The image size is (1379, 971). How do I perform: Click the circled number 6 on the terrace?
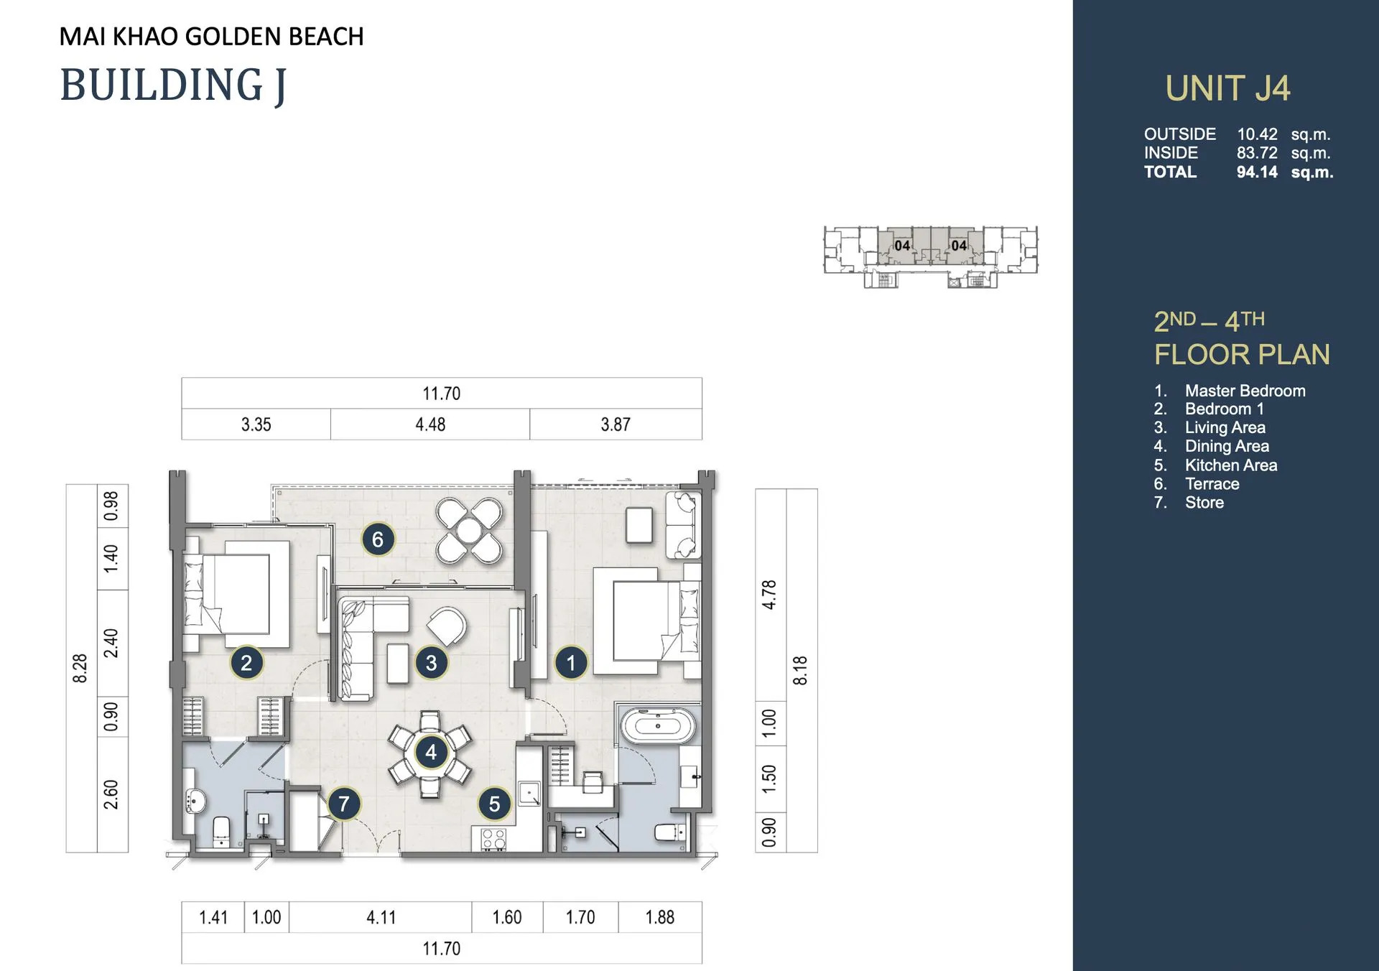click(x=378, y=539)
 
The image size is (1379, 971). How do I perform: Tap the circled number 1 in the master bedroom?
click(x=571, y=662)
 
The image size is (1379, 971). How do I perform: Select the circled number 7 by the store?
click(x=344, y=804)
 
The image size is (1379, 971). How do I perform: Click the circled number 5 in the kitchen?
click(x=494, y=804)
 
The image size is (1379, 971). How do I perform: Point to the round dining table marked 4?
click(x=431, y=752)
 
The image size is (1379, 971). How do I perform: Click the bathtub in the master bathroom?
click(x=658, y=726)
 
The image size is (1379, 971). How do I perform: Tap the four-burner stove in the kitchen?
click(x=494, y=839)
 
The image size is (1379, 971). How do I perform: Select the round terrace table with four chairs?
click(x=469, y=531)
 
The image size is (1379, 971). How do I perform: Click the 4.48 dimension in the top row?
click(x=430, y=424)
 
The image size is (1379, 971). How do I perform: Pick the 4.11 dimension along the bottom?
click(x=381, y=917)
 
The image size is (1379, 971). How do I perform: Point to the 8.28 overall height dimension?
click(x=80, y=668)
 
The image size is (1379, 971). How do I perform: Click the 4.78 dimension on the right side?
click(x=769, y=595)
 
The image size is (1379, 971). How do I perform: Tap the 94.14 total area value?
click(x=1257, y=172)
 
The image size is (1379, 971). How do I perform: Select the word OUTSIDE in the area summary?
click(x=1180, y=134)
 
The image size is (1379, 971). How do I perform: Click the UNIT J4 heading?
click(x=1227, y=88)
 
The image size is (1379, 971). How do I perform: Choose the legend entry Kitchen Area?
click(x=1231, y=465)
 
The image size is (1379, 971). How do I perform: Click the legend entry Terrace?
click(x=1212, y=484)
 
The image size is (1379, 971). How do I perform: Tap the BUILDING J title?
click(x=173, y=85)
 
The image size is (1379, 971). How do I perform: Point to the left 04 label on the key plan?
click(x=902, y=246)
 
